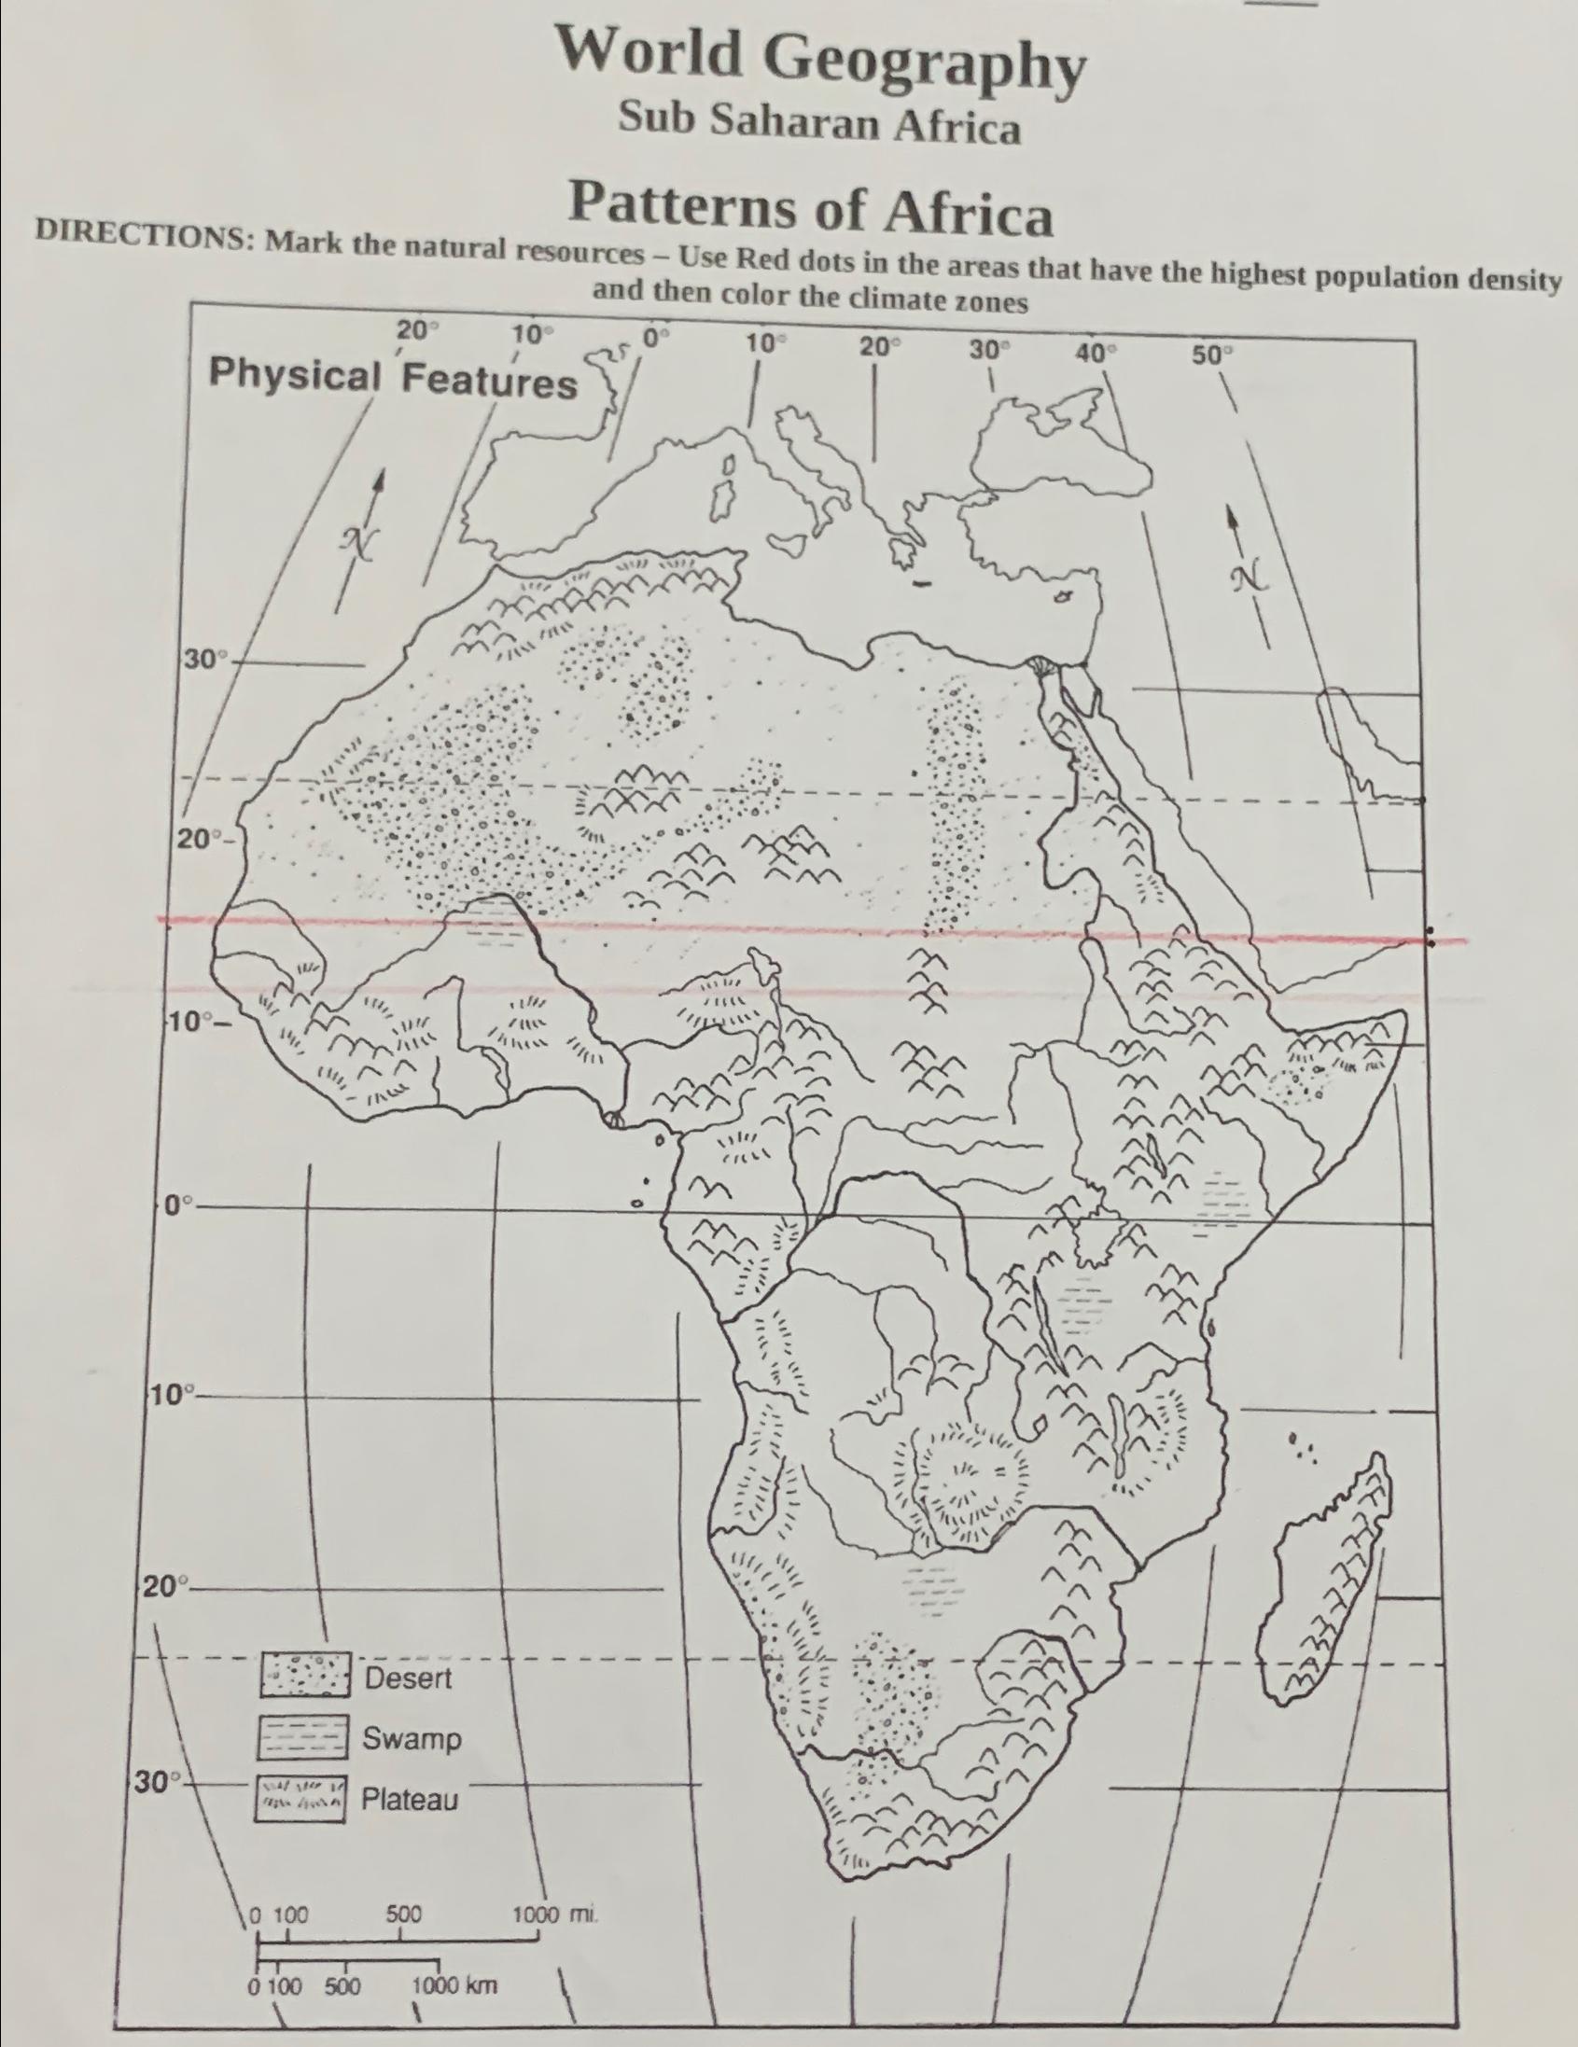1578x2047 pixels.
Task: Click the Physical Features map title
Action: [392, 379]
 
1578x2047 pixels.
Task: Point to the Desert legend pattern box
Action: [305, 1676]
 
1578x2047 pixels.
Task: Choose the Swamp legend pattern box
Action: [303, 1739]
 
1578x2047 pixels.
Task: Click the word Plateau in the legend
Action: [411, 1800]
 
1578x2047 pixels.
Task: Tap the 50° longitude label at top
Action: [1214, 355]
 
